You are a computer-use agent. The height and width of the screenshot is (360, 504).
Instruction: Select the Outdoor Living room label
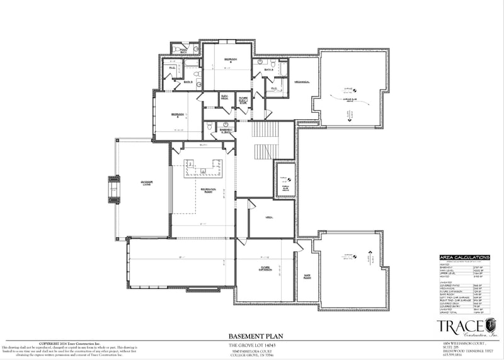point(147,183)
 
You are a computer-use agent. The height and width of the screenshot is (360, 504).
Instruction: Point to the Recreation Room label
point(209,189)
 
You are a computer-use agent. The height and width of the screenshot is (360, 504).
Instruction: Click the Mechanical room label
point(304,82)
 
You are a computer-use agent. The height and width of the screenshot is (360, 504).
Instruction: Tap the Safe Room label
point(308,276)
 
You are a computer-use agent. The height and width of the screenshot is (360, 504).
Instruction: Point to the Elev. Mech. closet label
point(224,98)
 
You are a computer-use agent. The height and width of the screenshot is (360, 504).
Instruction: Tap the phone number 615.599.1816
point(452,354)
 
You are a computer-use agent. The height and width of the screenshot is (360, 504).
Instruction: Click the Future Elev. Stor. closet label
point(243,99)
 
